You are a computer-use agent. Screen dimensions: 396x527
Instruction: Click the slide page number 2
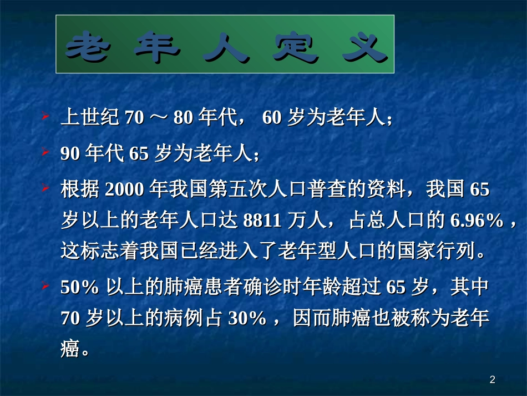point(493,380)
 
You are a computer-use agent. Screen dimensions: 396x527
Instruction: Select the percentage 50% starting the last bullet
point(79,288)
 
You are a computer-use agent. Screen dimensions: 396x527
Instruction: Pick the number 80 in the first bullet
point(184,119)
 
